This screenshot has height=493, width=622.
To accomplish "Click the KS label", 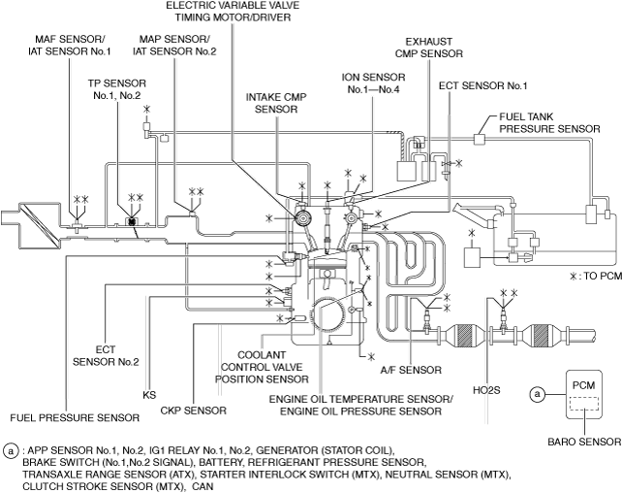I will point(148,395).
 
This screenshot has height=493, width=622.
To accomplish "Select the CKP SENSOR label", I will point(194,411).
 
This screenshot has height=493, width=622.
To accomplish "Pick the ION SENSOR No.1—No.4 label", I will point(369,82).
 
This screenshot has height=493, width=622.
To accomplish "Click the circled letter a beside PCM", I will point(536,393).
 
